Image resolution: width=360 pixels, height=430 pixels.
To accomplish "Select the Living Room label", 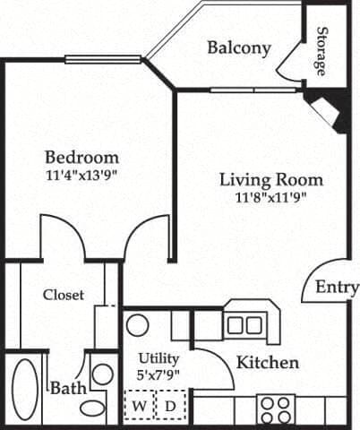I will [x=270, y=179].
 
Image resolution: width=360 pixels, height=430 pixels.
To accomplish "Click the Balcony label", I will [x=238, y=47].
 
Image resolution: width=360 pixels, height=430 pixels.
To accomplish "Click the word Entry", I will [x=337, y=288].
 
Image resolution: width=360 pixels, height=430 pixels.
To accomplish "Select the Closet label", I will [x=64, y=294].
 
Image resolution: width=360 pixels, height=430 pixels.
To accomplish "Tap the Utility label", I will [x=159, y=359].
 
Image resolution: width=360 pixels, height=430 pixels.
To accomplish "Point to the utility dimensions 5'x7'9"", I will [x=159, y=377].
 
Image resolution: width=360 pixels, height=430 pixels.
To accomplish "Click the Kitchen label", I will [x=268, y=363].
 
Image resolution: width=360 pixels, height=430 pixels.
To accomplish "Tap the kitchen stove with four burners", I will [x=274, y=408].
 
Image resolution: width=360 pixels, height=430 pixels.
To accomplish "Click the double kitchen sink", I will [x=244, y=323].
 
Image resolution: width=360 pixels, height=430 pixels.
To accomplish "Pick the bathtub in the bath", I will [x=24, y=391].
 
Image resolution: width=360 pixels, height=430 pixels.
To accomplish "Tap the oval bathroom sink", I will [x=92, y=408].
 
